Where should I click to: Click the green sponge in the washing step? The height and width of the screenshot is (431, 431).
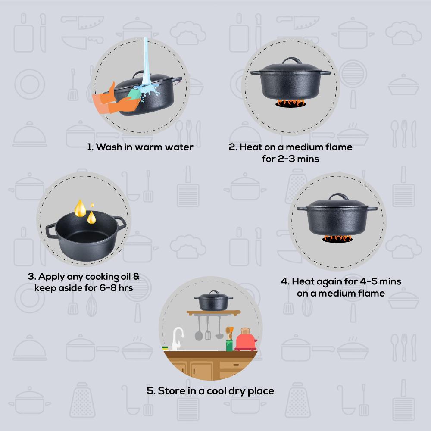(134, 94)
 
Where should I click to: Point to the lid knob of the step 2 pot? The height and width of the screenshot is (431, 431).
(291, 60)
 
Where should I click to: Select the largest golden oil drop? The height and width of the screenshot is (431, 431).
(80, 209)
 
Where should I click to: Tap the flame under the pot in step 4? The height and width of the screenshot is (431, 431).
(337, 238)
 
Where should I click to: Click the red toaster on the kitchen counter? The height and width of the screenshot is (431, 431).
(246, 340)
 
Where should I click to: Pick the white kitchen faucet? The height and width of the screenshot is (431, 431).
(177, 338)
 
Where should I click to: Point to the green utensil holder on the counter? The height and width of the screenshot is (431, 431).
(229, 346)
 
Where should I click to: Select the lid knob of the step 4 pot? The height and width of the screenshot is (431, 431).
(338, 196)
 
